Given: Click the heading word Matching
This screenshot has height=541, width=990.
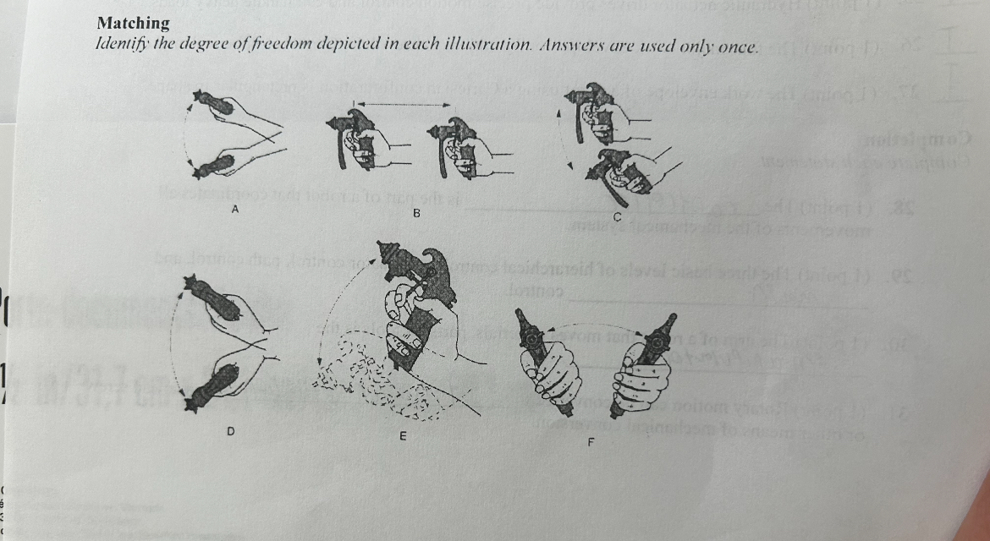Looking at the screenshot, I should pyautogui.click(x=134, y=23).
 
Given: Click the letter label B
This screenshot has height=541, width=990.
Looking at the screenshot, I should pyautogui.click(x=416, y=213).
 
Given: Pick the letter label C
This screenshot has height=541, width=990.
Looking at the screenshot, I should pyautogui.click(x=617, y=218).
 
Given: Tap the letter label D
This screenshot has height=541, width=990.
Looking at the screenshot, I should pyautogui.click(x=229, y=432).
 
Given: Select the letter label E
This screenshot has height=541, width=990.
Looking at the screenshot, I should pyautogui.click(x=402, y=436).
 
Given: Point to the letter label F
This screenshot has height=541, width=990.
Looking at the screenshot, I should pyautogui.click(x=591, y=441).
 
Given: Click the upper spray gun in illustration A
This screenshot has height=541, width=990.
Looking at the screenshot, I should pyautogui.click(x=213, y=102).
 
